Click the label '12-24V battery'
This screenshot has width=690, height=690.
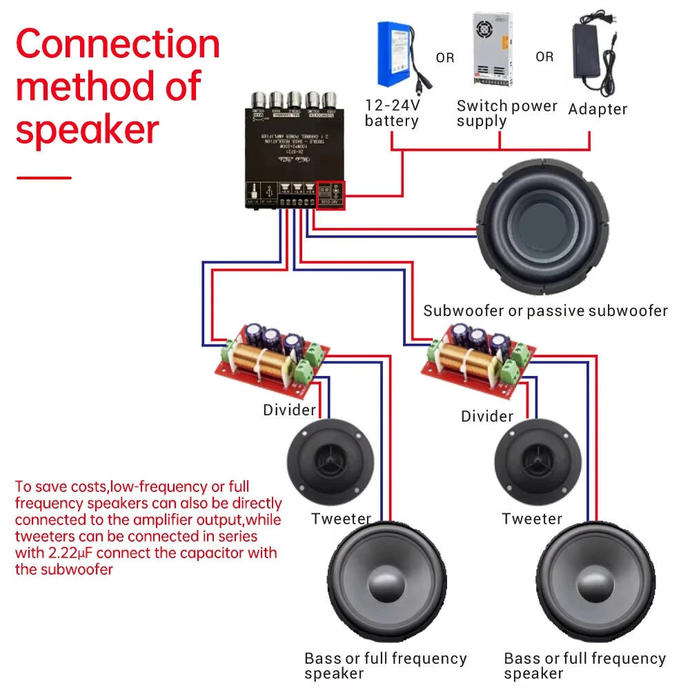392,114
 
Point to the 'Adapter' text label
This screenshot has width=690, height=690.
598,109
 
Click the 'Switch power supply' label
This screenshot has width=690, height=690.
506,114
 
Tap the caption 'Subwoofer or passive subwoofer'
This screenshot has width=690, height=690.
545,310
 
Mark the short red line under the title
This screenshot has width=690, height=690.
43,177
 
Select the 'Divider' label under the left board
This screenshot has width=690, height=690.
289,411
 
